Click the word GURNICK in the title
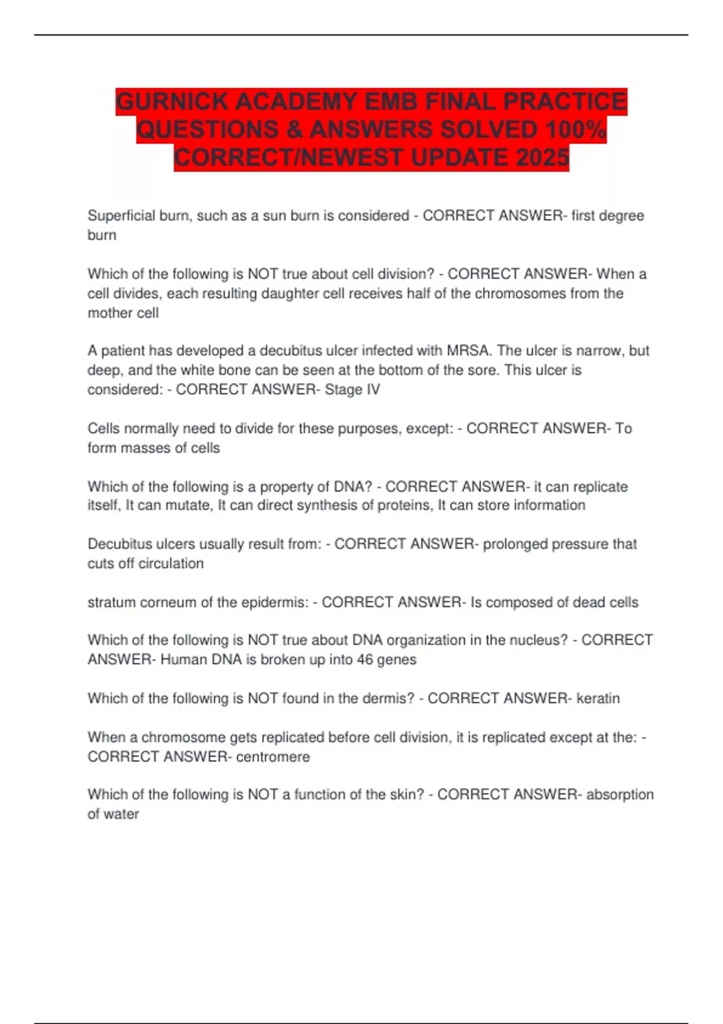tap(172, 101)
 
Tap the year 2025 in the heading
tap(542, 158)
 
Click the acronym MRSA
tap(467, 351)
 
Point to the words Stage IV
tap(352, 390)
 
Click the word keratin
tap(598, 698)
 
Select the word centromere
tap(273, 757)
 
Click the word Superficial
tap(121, 216)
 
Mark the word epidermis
tap(274, 602)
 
